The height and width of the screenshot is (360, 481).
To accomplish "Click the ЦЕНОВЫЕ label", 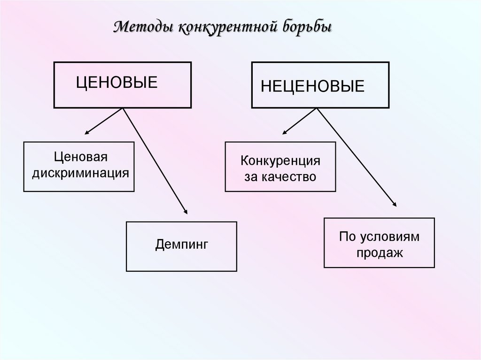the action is tap(117, 83).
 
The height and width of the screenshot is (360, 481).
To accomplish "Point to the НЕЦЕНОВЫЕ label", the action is tap(313, 86).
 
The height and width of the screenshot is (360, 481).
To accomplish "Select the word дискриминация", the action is tap(80, 173).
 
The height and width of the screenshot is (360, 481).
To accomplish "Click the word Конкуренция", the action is tap(280, 161).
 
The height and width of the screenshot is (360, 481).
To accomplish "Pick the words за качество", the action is tap(280, 177).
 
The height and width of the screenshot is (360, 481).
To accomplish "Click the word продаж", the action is tap(379, 253).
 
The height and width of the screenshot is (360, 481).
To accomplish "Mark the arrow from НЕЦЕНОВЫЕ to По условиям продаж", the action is tap(357, 157).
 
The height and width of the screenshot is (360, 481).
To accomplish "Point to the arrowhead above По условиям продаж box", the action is tap(394, 203).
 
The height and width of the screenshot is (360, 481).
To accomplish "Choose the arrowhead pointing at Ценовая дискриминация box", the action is tap(88, 133).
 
